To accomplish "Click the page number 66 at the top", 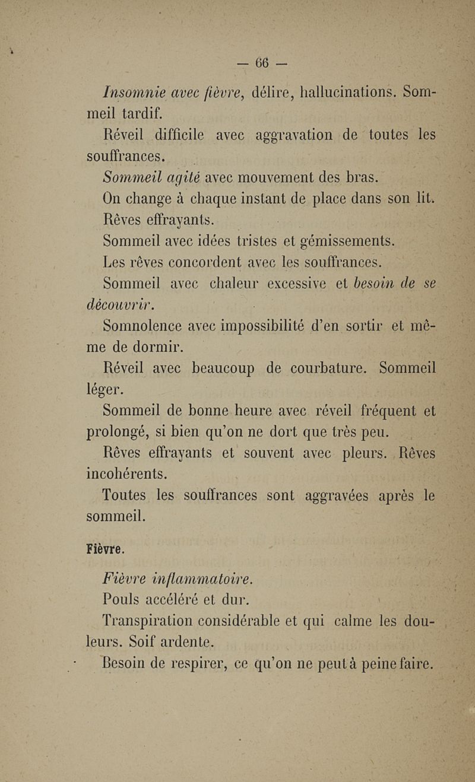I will [262, 62].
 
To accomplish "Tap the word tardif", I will [138, 113].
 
